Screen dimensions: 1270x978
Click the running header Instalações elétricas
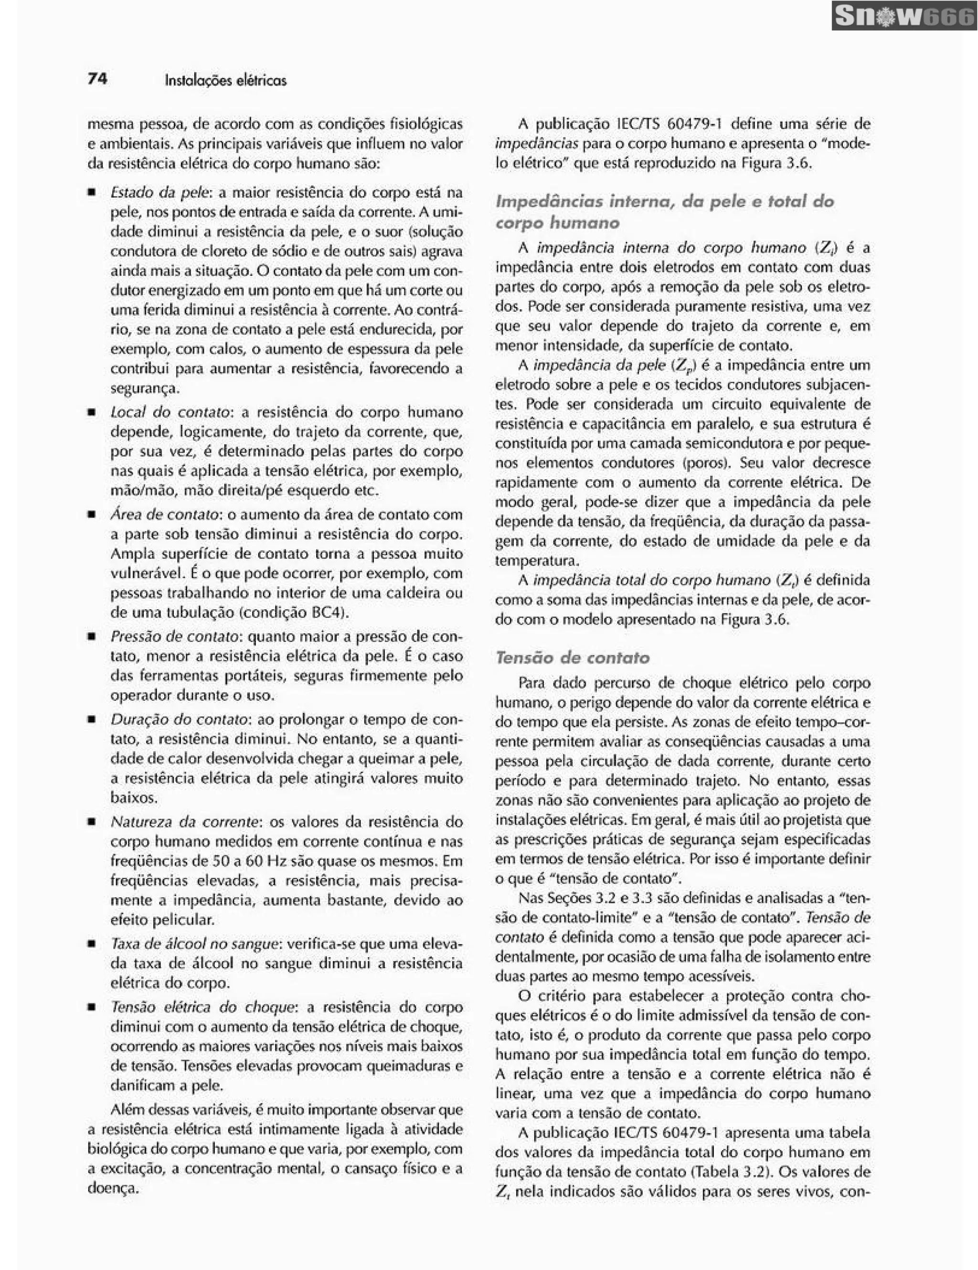coord(225,80)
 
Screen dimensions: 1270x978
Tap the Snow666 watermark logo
coord(904,17)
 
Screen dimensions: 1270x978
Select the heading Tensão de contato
coord(572,658)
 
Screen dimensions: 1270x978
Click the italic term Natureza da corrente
coord(185,822)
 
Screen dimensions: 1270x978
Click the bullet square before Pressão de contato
coord(91,637)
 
